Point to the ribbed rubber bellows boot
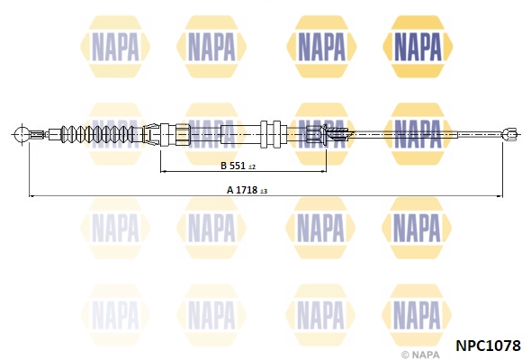click(94, 136)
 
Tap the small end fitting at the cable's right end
click(508, 135)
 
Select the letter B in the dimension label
click(223, 166)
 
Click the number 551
click(238, 166)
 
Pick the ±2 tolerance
click(252, 167)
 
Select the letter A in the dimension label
click(230, 190)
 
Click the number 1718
click(247, 190)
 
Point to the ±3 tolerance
click(265, 191)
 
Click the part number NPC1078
click(489, 343)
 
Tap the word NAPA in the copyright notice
click(426, 353)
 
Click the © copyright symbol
click(405, 353)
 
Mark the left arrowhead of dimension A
click(32, 194)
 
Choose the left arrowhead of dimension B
click(163, 171)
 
